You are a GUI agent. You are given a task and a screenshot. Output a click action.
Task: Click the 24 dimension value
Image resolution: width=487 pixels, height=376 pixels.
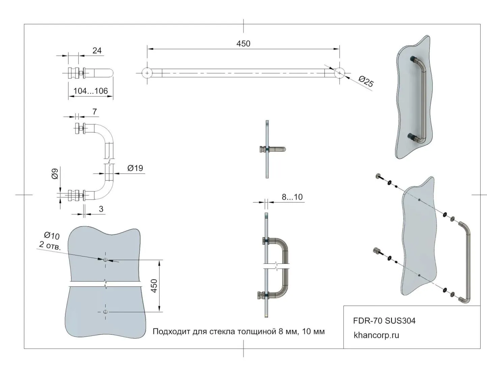(x=97, y=51)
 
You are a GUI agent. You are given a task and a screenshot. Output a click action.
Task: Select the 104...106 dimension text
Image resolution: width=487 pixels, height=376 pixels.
(x=90, y=91)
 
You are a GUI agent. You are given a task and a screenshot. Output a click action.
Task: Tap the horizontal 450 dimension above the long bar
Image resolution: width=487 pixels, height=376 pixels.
(x=243, y=44)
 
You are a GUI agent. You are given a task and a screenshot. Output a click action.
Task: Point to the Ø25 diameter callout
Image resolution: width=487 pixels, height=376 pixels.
(x=366, y=81)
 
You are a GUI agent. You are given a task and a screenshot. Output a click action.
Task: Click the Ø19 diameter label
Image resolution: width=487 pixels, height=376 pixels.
(x=135, y=168)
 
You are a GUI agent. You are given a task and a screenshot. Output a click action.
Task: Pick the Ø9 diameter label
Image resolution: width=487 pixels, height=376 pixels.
(x=55, y=174)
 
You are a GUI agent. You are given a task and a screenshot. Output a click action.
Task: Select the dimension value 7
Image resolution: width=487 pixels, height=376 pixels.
(x=94, y=112)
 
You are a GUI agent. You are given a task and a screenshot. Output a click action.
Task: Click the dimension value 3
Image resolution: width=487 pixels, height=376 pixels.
(x=101, y=209)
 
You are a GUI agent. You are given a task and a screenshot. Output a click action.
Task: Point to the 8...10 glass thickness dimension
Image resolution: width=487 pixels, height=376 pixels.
(x=292, y=197)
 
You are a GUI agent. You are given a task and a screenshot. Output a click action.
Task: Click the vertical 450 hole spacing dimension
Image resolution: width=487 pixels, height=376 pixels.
(x=154, y=286)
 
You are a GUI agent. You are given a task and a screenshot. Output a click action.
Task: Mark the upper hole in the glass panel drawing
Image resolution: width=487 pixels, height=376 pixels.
(x=105, y=260)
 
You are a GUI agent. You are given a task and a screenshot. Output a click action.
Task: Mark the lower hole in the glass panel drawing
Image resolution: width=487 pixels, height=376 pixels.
(x=105, y=312)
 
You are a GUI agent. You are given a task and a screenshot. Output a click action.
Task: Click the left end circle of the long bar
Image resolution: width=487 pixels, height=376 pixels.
(x=147, y=73)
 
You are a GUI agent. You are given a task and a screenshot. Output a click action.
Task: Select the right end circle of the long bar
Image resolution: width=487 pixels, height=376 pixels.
(x=340, y=73)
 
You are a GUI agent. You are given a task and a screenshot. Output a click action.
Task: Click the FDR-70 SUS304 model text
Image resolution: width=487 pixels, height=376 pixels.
(x=384, y=320)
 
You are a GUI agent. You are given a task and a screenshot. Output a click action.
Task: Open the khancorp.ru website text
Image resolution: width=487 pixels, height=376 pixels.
(x=376, y=335)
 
